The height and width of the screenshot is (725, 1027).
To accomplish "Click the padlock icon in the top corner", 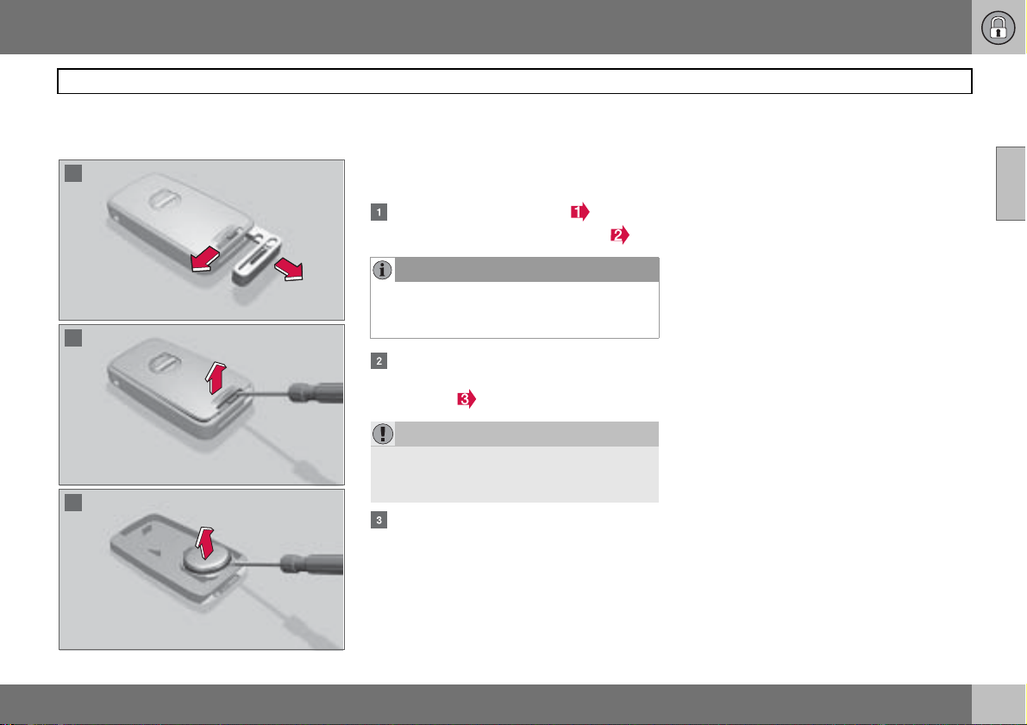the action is (998, 28).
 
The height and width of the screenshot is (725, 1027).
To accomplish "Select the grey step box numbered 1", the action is (379, 212).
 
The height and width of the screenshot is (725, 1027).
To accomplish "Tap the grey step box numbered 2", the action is (379, 361).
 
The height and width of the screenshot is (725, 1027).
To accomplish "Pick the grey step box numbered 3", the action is (379, 520).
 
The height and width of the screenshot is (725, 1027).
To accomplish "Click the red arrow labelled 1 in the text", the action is (579, 211).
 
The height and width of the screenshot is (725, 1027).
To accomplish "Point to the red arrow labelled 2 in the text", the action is (620, 235).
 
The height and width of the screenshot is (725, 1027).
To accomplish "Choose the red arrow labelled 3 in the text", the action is (467, 399).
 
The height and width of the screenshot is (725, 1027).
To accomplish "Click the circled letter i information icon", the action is (383, 270).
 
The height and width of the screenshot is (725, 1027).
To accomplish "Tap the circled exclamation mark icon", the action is (383, 434).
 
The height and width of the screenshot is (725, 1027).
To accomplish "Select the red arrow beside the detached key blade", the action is (289, 268).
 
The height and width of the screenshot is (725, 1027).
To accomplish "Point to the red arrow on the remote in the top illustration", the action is (204, 260).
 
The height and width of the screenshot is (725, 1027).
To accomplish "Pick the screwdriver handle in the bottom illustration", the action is (312, 565).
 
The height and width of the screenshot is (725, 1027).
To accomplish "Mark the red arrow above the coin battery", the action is (205, 542).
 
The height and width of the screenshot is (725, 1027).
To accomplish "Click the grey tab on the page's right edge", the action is (1011, 184).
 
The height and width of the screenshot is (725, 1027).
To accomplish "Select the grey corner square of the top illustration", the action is (73, 173).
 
